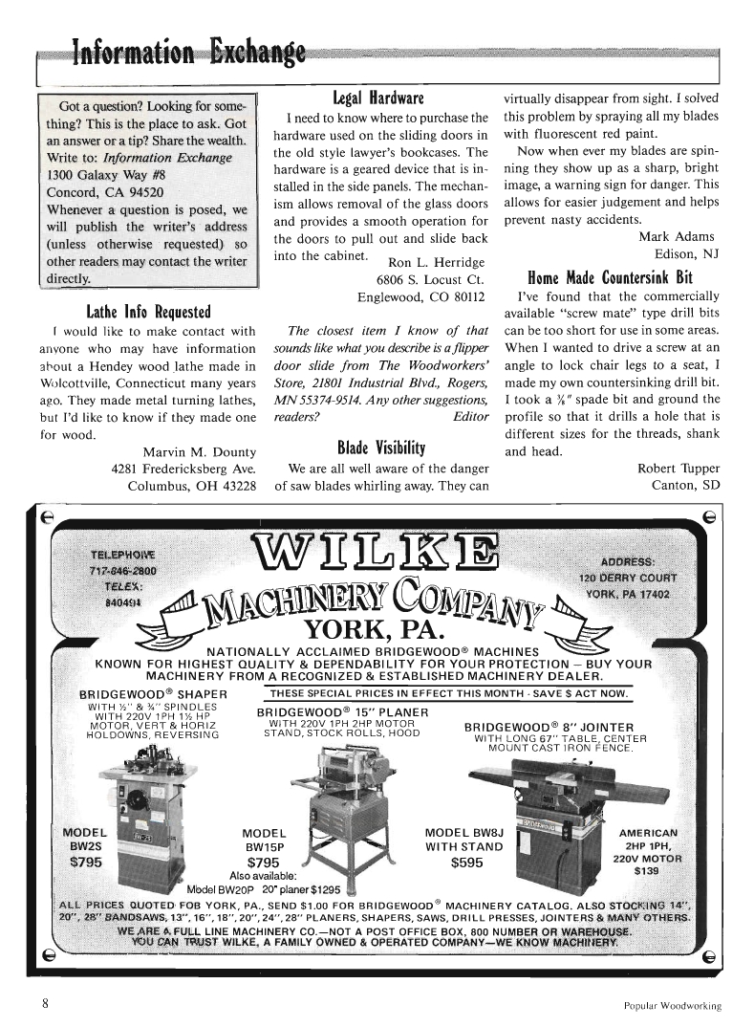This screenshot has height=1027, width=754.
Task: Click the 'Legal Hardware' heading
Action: coord(377,98)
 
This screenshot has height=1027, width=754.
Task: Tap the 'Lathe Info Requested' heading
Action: coord(148,311)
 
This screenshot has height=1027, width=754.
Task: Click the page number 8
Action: coord(45,1004)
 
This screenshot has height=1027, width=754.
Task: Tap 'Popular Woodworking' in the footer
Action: coord(667,1006)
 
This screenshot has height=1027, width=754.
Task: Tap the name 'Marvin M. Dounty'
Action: coord(199,451)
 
